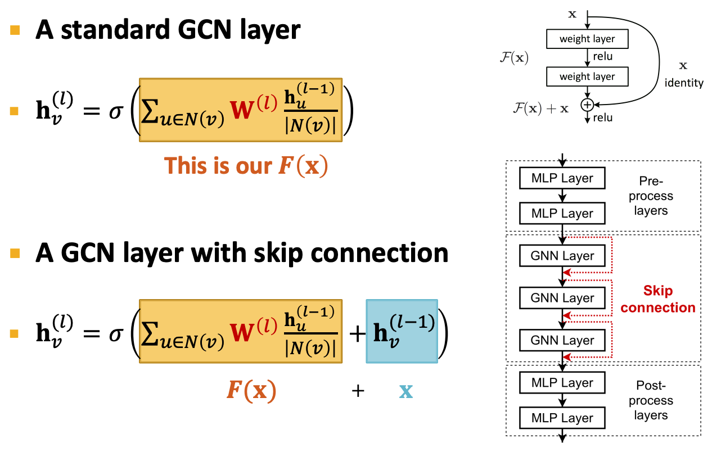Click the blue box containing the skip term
pos(402,331)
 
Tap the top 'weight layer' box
pos(587,39)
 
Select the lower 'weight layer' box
pos(587,76)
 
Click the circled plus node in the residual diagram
pos(587,105)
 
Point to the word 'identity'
pos(684,83)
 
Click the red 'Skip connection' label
pos(658,299)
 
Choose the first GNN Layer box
pos(562,255)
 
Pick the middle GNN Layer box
pos(562,297)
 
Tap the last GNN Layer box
pos(562,340)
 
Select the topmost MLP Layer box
pos(562,178)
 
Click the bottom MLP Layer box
pos(562,418)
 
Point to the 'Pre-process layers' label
pos(651,196)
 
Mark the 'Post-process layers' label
pos(651,400)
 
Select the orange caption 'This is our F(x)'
pos(246,165)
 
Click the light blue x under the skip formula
pos(406,391)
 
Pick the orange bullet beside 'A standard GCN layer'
pos(15,30)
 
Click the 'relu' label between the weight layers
pos(603,57)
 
